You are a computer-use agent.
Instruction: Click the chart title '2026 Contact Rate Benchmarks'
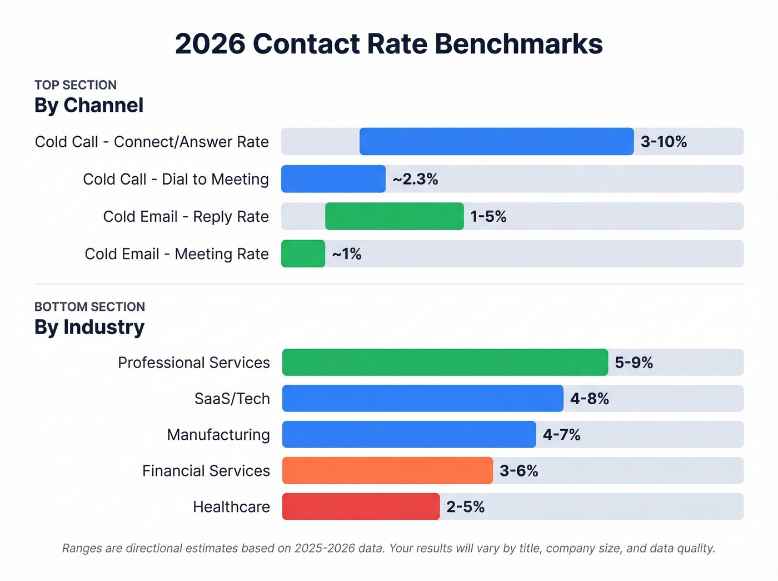(x=388, y=44)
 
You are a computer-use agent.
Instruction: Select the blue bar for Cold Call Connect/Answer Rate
(x=496, y=141)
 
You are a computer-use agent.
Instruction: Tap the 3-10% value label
(x=664, y=142)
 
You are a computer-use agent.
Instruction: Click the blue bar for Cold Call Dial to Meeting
(x=333, y=179)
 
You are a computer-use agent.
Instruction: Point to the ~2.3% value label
(x=415, y=179)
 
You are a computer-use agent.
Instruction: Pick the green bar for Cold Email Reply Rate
(x=394, y=216)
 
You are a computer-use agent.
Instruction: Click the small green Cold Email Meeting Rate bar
(x=303, y=254)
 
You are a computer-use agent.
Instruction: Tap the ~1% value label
(x=347, y=254)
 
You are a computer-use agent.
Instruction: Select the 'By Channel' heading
(x=89, y=105)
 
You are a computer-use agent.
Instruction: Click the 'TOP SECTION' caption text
(x=76, y=85)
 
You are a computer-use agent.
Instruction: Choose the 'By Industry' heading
(x=89, y=327)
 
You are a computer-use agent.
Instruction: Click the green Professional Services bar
(x=445, y=362)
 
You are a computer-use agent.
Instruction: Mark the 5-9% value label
(x=634, y=362)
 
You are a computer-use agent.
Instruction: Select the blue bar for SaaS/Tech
(x=422, y=399)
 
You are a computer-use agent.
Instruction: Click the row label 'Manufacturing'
(x=218, y=435)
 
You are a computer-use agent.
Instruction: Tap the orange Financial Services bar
(x=387, y=470)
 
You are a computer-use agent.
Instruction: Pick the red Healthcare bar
(x=361, y=506)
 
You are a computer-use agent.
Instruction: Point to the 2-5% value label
(x=465, y=507)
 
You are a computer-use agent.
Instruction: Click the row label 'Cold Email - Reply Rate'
(x=186, y=216)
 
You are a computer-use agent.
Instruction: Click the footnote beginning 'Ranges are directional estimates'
(x=388, y=548)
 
